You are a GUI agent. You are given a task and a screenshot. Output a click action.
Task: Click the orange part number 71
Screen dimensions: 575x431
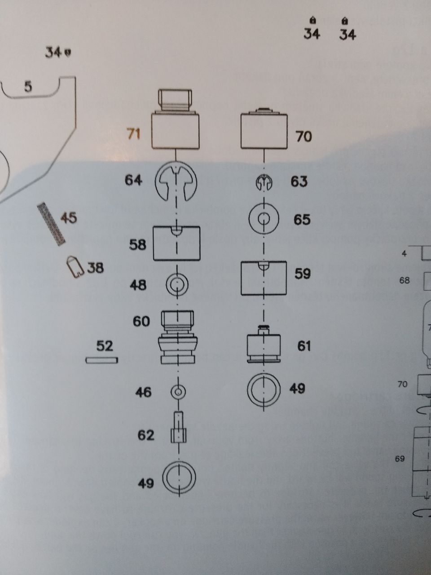(134, 133)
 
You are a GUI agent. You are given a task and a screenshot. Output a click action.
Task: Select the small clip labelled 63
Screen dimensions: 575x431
(264, 183)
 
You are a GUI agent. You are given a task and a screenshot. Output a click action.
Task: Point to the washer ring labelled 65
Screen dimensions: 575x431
(264, 220)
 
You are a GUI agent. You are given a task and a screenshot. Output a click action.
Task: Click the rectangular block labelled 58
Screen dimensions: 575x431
(176, 243)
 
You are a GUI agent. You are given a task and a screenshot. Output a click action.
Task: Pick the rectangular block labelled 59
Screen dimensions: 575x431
(264, 278)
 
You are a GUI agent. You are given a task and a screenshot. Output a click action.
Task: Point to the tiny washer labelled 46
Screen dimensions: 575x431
(178, 392)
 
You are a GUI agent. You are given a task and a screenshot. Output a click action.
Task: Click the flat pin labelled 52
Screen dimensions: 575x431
(102, 360)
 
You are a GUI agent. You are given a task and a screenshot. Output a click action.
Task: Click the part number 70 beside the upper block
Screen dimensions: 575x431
(303, 136)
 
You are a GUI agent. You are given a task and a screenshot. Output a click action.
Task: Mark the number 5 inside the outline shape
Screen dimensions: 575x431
(28, 87)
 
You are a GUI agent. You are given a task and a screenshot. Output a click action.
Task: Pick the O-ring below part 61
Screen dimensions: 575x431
(264, 389)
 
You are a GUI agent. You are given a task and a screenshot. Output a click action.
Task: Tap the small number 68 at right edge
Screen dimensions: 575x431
(405, 280)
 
